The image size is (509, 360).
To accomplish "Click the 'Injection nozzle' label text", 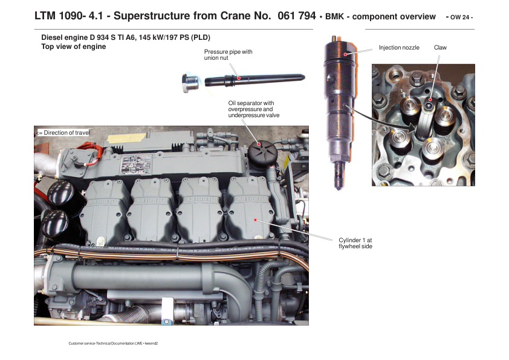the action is (x=399, y=48).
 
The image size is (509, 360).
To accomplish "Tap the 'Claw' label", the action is (x=440, y=48).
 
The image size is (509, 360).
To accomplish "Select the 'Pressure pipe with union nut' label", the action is (x=229, y=55).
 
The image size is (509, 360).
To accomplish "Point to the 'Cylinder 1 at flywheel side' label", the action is (x=355, y=243).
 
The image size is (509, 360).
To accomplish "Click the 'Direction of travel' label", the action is (x=63, y=133).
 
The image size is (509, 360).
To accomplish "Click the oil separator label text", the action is (x=253, y=109).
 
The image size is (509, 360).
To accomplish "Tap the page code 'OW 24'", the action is (x=459, y=17).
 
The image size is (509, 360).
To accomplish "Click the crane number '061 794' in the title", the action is (x=296, y=16).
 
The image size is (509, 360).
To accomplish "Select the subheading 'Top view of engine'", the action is (x=74, y=47).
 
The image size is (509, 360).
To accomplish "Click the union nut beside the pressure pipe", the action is (x=190, y=83).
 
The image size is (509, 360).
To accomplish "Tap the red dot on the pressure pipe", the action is (x=239, y=78).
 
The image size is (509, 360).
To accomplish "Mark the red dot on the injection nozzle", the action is (x=345, y=54).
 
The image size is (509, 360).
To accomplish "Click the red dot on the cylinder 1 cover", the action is (x=256, y=220).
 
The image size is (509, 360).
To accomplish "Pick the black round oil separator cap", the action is (x=262, y=152).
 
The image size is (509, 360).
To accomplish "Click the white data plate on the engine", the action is (x=136, y=164).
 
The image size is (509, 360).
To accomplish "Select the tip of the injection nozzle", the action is (x=339, y=188).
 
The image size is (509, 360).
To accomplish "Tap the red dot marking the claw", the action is (x=430, y=100).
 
